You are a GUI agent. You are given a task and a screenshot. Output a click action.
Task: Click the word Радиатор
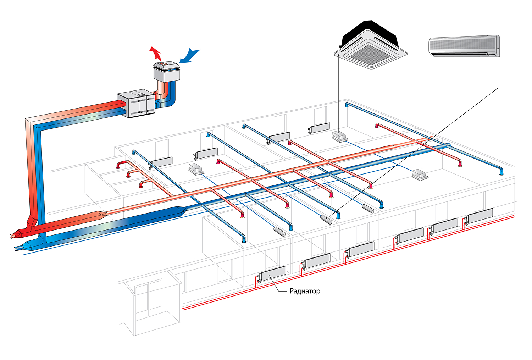[305, 291]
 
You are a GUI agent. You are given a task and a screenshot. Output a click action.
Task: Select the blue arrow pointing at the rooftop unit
[190, 56]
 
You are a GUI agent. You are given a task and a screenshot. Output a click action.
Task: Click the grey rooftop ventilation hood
[167, 71]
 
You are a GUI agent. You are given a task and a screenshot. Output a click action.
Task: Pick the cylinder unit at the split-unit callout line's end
[326, 219]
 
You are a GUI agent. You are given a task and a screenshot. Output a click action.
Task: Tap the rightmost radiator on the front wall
[480, 216]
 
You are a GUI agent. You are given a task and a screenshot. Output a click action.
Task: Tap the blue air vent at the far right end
[501, 172]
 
